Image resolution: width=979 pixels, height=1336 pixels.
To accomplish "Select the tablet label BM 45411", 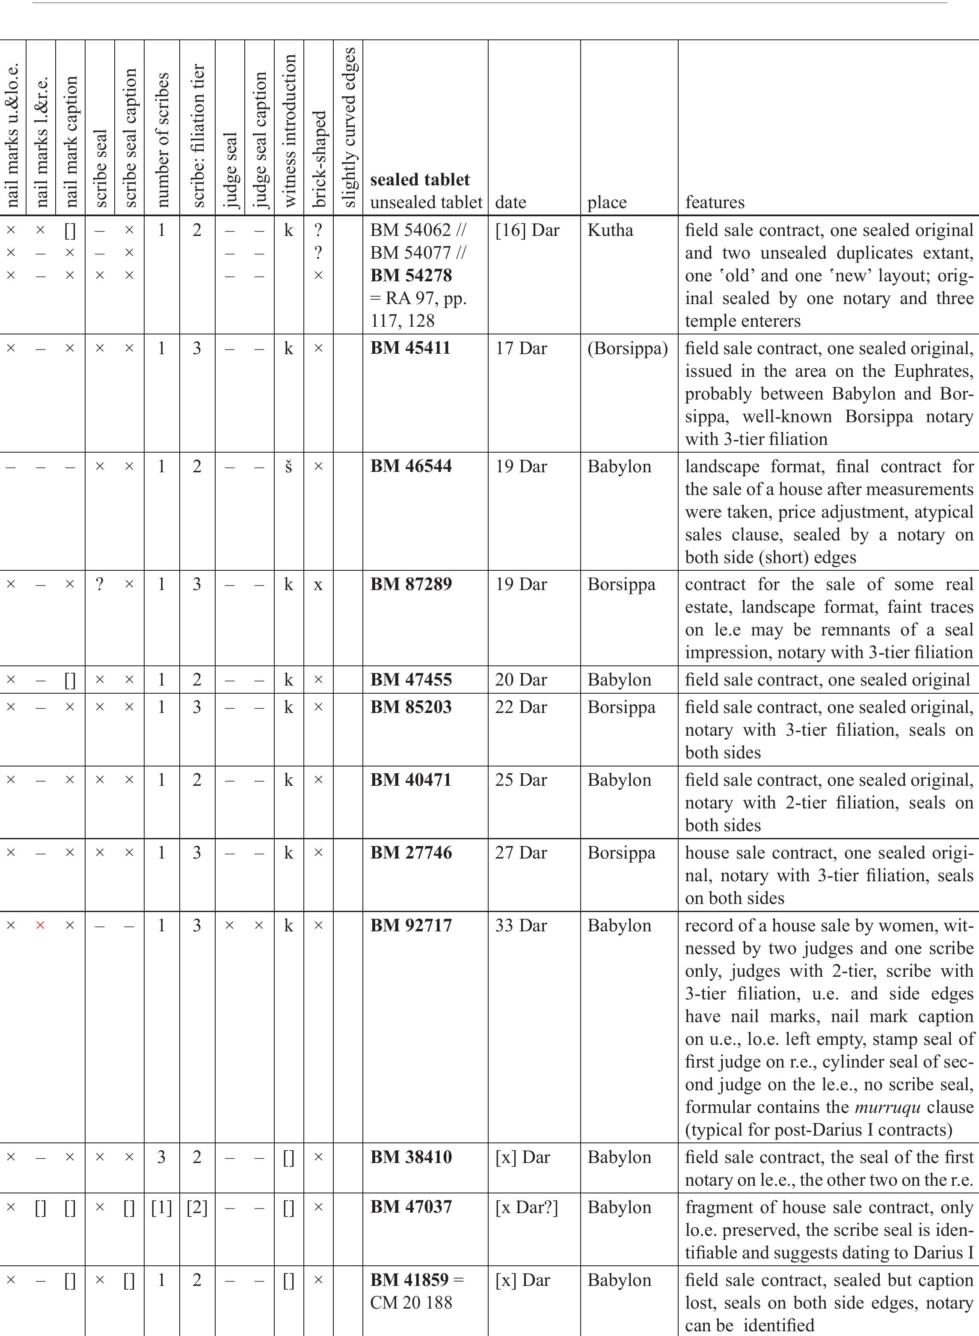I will pos(410,348).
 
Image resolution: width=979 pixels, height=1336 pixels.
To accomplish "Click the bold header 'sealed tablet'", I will pos(420,180).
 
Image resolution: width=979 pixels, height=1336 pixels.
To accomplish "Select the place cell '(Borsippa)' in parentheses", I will pos(628,348).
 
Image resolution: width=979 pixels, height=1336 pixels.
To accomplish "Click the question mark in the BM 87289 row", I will pos(100,584).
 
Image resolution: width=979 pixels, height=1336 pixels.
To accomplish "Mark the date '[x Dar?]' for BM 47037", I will pos(526,1207).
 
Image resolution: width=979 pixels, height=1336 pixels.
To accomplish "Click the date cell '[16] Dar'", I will pos(527,230).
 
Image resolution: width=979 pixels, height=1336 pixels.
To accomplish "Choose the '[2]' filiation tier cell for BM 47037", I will pos(197,1207).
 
